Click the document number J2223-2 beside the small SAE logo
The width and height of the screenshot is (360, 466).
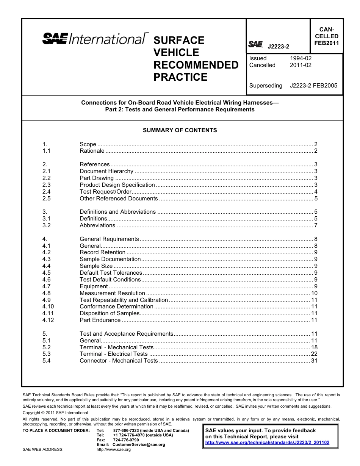point(278,47)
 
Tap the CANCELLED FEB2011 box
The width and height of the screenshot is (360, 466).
point(326,36)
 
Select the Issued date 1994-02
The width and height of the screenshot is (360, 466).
point(301,58)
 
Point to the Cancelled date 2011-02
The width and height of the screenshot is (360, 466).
point(301,65)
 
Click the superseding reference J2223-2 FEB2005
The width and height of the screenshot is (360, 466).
point(313,86)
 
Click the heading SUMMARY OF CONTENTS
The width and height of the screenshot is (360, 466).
point(180,130)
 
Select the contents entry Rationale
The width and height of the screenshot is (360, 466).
point(92,151)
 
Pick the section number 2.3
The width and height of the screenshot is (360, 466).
point(47,185)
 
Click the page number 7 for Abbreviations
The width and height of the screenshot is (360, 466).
point(315,225)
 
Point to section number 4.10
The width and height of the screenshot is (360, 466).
point(48,306)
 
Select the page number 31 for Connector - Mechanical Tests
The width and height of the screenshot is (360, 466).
point(314,361)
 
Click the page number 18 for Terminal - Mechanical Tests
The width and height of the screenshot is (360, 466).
point(314,347)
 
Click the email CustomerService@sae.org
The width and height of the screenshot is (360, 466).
point(139,444)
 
